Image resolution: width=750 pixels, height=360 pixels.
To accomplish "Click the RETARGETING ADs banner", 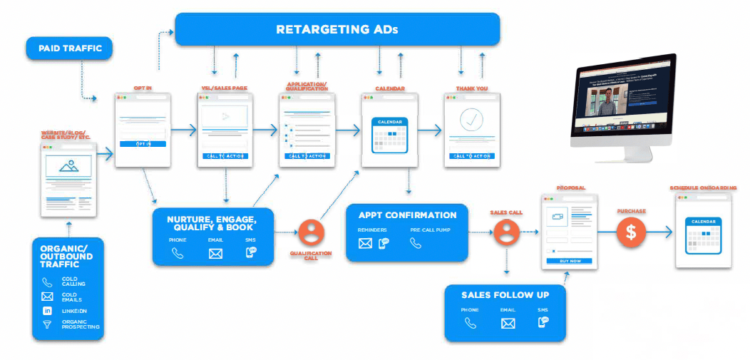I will point(337,30).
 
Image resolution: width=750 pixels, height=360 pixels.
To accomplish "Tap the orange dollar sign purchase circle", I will point(631,232).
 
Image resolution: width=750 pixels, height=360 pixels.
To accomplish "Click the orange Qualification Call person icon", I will point(311,232).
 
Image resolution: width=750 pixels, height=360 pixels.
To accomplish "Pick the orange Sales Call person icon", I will point(505,232).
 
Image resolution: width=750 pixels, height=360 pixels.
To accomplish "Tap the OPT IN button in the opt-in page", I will point(143,144).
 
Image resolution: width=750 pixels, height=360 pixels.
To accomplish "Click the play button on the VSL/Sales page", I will point(225,116).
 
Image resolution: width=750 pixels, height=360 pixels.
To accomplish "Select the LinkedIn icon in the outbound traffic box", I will point(47,312).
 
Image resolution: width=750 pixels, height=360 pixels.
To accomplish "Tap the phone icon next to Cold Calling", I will point(47,282).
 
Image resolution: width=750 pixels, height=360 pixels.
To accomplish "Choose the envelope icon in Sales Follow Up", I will point(508,324).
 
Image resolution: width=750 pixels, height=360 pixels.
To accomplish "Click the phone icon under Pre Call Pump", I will point(416,243).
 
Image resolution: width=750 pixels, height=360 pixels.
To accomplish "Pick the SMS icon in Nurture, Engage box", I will point(251,252).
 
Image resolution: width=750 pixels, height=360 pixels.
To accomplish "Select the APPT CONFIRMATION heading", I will point(407,215).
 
